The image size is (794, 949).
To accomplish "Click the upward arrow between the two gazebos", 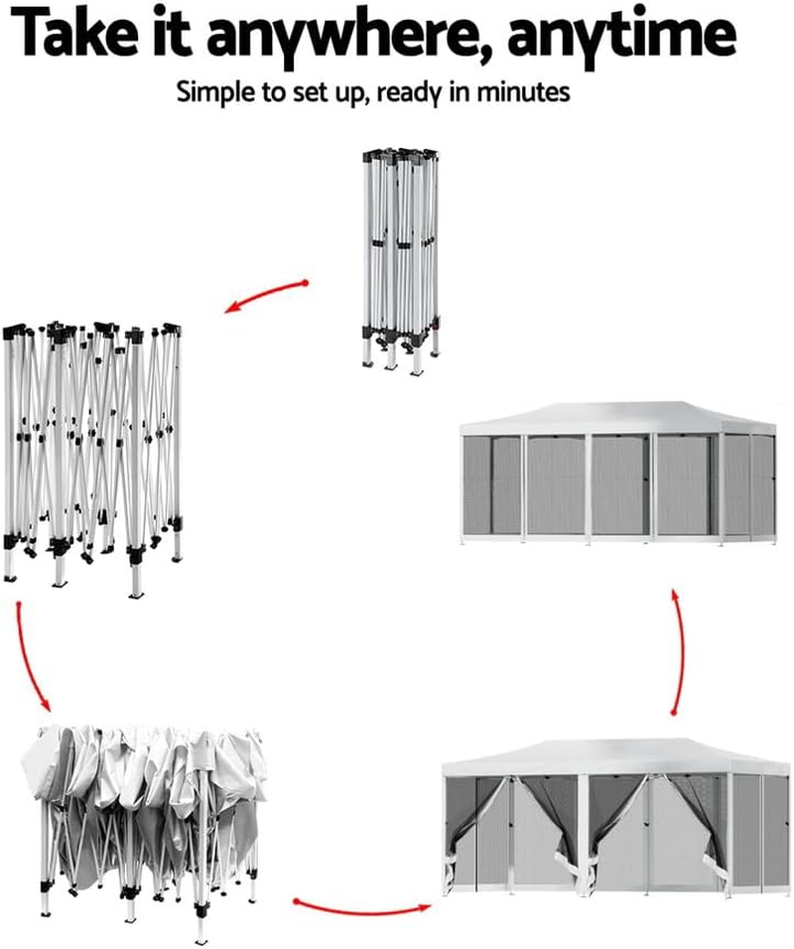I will (x=679, y=650).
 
